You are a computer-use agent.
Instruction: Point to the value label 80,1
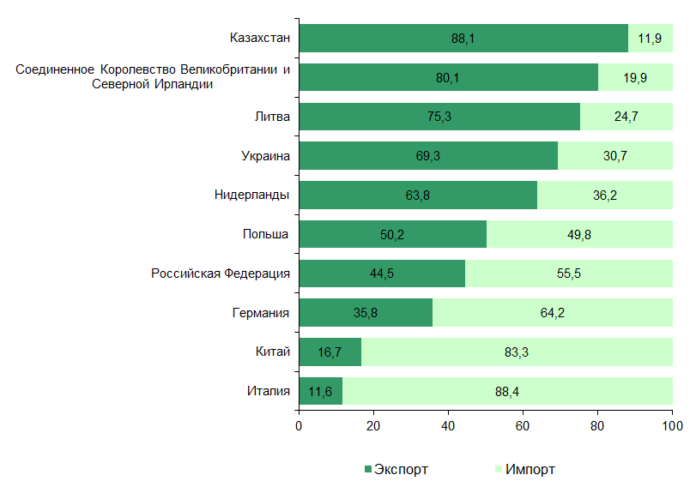448,78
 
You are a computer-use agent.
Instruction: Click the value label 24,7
626,117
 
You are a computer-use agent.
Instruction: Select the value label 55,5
569,274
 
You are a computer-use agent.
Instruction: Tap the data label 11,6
320,392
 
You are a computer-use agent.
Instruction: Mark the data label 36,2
604,195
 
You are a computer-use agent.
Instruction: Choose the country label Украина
265,156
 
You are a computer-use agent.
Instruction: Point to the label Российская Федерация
221,274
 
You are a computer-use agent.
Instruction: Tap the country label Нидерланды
251,195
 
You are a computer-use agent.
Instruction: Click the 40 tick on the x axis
448,425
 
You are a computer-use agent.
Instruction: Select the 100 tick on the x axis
672,425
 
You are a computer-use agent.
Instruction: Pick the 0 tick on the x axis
299,425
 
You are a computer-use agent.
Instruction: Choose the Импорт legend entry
524,469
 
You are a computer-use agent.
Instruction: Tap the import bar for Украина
614,156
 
